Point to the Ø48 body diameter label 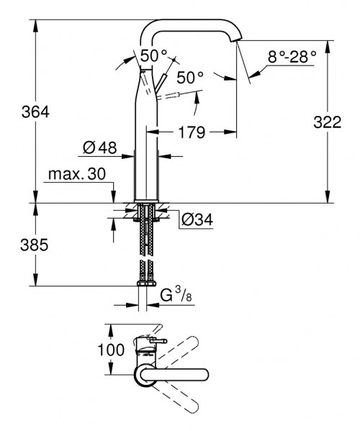[x=99, y=148]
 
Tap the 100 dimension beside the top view [x=95, y=350]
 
